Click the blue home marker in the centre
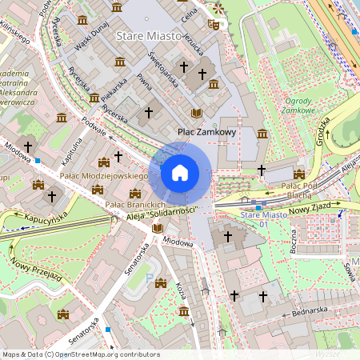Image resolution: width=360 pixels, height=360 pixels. [x=180, y=172]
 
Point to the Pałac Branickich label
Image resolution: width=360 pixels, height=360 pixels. [x=135, y=206]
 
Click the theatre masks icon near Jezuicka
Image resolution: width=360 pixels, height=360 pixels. [x=213, y=25]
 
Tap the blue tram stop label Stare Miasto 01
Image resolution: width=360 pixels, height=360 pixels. [x=263, y=219]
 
